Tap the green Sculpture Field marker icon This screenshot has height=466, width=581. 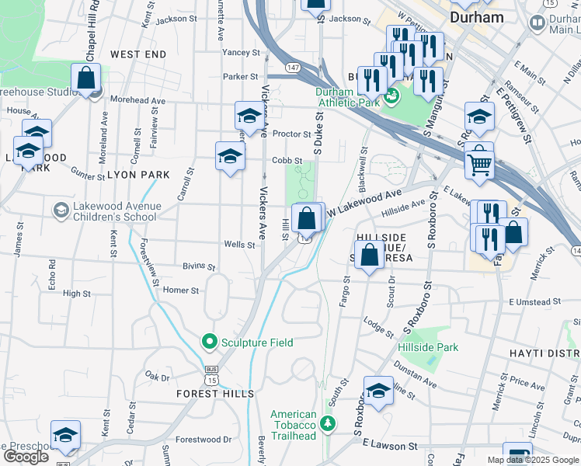[x=209, y=341]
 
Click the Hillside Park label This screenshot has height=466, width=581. [x=428, y=347]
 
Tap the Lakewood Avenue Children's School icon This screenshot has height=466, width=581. [x=61, y=210]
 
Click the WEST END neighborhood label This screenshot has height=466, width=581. [x=138, y=54]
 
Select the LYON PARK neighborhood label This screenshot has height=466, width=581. [x=138, y=175]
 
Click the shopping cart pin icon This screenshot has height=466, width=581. [x=480, y=163]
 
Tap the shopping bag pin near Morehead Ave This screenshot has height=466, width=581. [x=85, y=78]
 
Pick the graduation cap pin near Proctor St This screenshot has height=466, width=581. [x=249, y=116]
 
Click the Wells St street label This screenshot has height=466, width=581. [x=239, y=245]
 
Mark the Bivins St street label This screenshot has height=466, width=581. [x=199, y=266]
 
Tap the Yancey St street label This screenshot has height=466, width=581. [x=241, y=53]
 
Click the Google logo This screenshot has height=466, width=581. [x=26, y=457]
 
